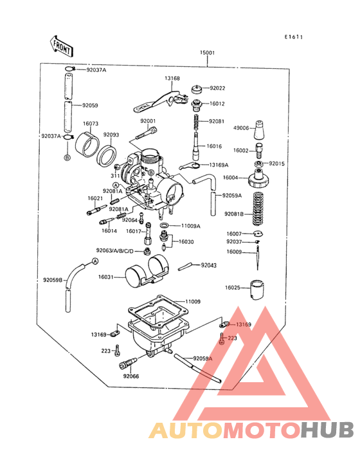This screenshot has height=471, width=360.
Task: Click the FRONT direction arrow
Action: [61, 46]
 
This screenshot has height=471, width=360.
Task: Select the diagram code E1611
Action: [294, 37]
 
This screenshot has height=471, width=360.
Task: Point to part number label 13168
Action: [172, 78]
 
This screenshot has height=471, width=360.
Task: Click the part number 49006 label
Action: [240, 127]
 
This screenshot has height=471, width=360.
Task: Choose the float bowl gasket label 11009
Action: [193, 301]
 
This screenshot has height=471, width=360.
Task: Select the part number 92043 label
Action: [208, 265]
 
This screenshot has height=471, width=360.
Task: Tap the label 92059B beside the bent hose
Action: [53, 280]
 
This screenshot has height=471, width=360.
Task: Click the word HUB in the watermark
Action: [328, 430]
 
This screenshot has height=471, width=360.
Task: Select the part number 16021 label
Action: [94, 199]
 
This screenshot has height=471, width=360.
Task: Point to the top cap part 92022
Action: [197, 89]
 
